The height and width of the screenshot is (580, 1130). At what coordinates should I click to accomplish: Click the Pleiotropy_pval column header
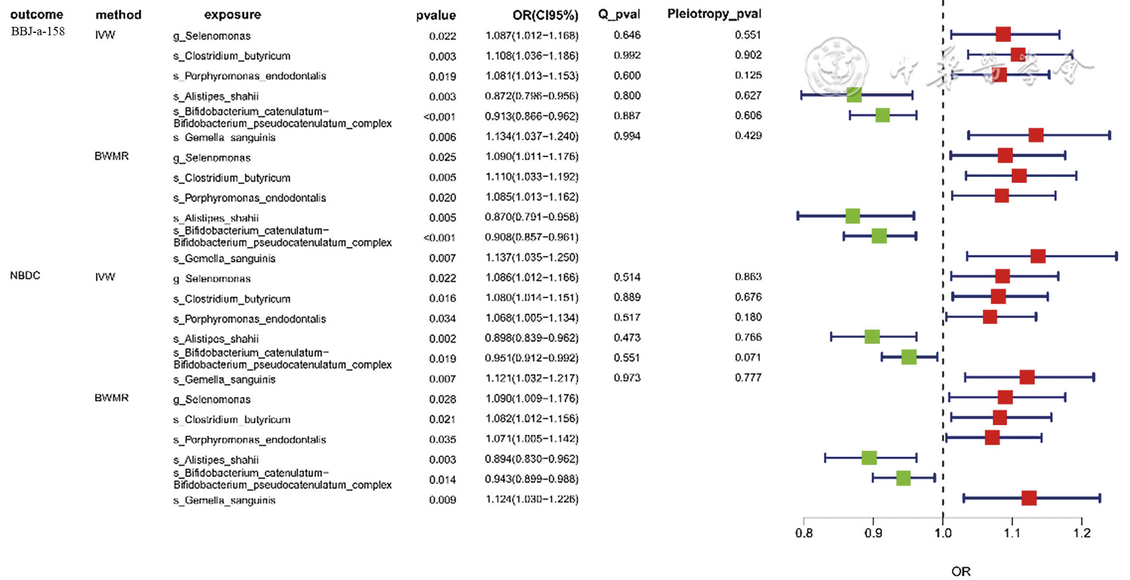[714, 14]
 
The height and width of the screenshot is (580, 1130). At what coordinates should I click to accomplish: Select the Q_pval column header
[619, 14]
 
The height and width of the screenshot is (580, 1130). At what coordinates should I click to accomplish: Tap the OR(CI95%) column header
[545, 15]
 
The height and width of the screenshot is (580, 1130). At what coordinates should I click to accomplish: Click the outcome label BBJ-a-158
[38, 31]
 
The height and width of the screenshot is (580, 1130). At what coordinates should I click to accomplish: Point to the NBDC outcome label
[25, 276]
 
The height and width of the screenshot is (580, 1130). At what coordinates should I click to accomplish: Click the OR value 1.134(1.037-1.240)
[532, 136]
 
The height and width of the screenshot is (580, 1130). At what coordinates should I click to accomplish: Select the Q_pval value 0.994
[627, 136]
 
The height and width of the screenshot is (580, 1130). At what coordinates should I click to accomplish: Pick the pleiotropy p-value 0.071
[748, 358]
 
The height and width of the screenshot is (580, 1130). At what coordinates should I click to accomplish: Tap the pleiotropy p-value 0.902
[748, 55]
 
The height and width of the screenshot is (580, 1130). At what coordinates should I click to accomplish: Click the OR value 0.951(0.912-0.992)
[532, 358]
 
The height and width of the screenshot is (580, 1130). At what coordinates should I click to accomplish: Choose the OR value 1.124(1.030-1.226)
[532, 499]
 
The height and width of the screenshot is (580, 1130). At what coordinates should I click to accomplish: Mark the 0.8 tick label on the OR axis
[804, 533]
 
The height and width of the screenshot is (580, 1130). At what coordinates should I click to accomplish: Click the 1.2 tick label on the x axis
[1082, 533]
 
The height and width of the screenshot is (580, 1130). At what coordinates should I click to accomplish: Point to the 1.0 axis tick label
[943, 533]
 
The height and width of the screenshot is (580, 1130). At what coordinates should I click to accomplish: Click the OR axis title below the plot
[960, 572]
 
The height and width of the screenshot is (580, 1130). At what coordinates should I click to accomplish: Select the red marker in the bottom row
[1028, 498]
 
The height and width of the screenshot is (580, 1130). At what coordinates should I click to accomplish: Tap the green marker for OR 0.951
[908, 358]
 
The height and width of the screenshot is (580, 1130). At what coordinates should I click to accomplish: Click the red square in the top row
[1003, 35]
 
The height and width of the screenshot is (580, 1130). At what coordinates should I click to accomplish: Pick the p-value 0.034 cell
[442, 319]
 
